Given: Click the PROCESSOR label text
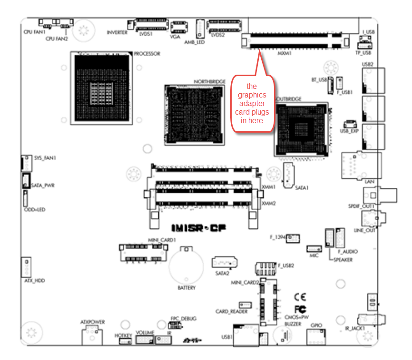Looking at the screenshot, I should pos(147,54).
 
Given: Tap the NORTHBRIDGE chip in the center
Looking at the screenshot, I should pos(195,114).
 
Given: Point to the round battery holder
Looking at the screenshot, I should pos(187,266).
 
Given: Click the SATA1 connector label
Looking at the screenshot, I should pos(302,188).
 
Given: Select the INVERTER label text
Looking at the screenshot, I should pos(117,32).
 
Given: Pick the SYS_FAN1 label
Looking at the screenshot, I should pos(45,157).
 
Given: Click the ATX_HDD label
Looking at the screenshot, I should pos(34,281).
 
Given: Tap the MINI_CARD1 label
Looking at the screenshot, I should pos(162,240).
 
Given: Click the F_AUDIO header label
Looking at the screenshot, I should pos(347,251).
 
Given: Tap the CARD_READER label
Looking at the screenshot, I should pos(232,311).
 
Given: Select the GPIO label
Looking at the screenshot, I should pos(316,325).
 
